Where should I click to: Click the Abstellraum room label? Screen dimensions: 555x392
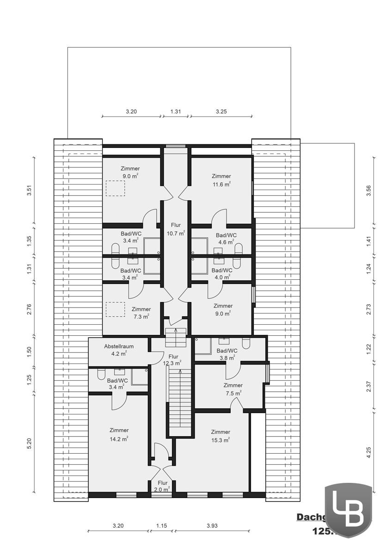tap(119, 345)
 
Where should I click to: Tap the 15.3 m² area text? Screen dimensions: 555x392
tap(220, 440)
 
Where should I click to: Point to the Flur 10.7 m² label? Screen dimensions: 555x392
tap(176, 229)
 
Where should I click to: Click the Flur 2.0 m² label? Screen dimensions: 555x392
tap(162, 486)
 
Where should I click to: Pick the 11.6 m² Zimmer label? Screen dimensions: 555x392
tap(221, 179)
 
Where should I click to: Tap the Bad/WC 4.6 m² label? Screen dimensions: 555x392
tap(227, 238)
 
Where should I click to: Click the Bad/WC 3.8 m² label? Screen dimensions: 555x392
tap(227, 354)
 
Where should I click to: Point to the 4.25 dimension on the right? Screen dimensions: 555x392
tap(368, 452)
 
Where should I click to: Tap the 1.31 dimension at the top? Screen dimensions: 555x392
tap(175, 111)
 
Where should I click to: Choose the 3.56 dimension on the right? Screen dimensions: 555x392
tap(368, 191)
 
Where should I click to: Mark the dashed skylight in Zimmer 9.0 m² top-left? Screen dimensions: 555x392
tap(115, 188)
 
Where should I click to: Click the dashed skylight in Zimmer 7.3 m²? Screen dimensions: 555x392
tap(115, 309)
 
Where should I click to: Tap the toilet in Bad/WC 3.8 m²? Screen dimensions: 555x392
tap(246, 343)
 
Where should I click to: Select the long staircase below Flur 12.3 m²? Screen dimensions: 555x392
tap(179, 400)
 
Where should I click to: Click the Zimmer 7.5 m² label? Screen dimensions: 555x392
tap(233, 389)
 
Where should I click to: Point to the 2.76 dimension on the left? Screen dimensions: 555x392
tap(29, 309)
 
